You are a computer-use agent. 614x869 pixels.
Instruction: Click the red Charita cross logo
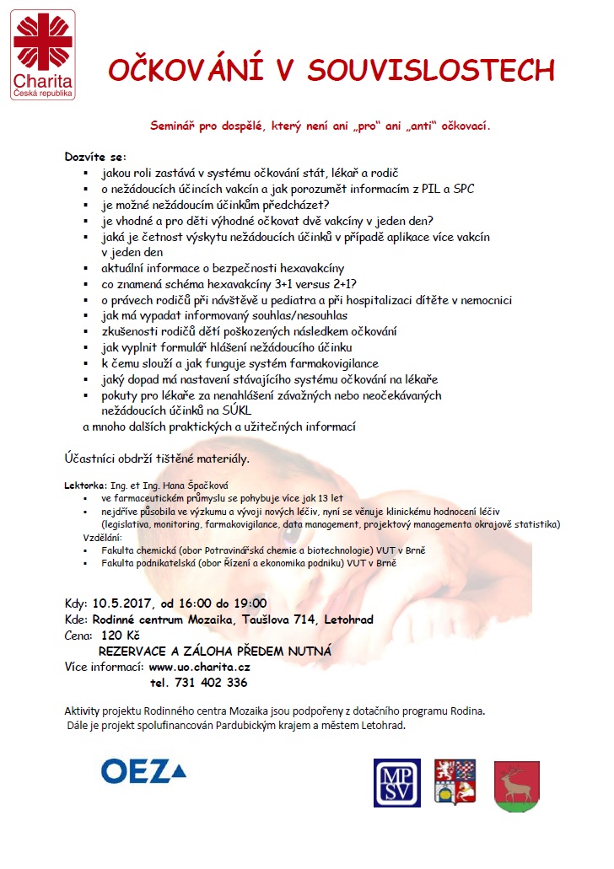coord(43,42)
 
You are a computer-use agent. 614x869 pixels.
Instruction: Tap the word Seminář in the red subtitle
coord(173,126)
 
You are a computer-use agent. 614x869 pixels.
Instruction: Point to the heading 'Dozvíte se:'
coord(94,157)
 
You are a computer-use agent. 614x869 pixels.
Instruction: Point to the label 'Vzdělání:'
coord(102,537)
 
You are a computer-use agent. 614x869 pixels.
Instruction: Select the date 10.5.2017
coord(124,603)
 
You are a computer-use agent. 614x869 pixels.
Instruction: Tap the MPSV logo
coord(397,783)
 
